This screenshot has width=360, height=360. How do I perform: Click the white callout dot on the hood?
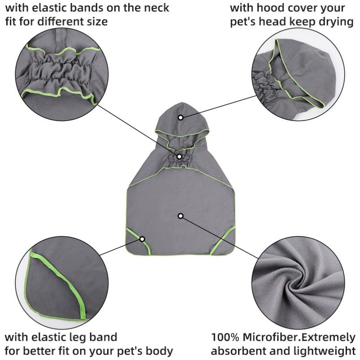(180, 117)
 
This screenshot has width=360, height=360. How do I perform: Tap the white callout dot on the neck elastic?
(179, 156)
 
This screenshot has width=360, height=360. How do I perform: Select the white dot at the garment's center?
(180, 216)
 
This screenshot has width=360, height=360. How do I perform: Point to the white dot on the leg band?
(142, 239)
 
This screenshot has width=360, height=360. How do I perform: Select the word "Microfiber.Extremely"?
(300, 337)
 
